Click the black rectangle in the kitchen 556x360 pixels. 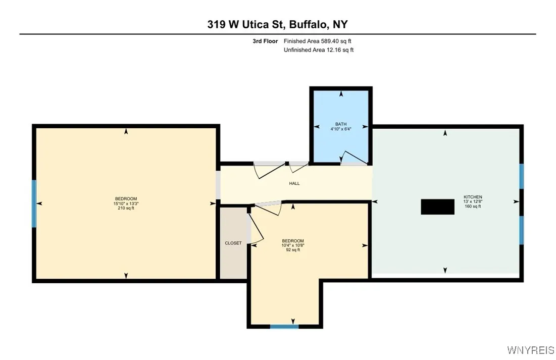437,207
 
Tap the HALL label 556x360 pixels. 294,183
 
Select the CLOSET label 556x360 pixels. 233,243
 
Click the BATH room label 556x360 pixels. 341,124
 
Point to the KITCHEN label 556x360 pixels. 473,197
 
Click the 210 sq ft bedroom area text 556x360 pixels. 126,208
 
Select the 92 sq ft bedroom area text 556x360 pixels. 293,249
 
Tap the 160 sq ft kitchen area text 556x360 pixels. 473,206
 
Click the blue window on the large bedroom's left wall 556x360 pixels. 34,203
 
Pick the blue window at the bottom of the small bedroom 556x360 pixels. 284,326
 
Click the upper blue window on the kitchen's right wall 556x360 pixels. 522,176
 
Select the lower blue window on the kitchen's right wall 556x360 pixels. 522,230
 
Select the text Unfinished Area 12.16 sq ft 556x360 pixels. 318,50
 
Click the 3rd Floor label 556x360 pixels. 265,41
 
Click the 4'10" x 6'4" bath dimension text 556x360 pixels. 341,129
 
